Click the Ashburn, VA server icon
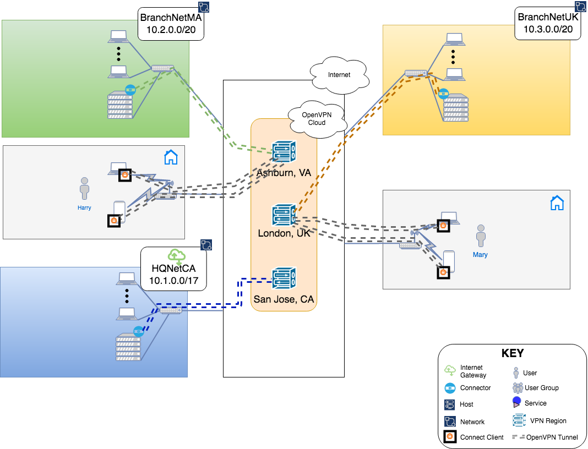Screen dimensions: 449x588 (x=284, y=154)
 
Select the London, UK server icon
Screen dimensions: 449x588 (x=284, y=215)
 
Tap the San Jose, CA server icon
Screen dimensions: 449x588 (x=284, y=278)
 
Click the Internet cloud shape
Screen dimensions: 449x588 (x=339, y=75)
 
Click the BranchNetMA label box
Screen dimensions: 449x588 (x=171, y=25)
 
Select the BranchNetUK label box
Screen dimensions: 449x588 (x=547, y=23)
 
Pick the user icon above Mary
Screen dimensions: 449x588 (x=481, y=236)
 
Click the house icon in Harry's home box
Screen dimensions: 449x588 (x=171, y=157)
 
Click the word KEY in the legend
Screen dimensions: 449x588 (x=512, y=353)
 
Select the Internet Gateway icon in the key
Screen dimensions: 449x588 (x=450, y=370)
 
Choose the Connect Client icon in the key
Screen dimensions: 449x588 (x=450, y=437)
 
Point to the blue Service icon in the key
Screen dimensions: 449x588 (x=516, y=402)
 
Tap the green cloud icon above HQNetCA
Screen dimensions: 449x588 (x=176, y=256)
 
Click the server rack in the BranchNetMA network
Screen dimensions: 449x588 (x=120, y=105)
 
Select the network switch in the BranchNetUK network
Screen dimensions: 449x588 (x=416, y=73)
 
